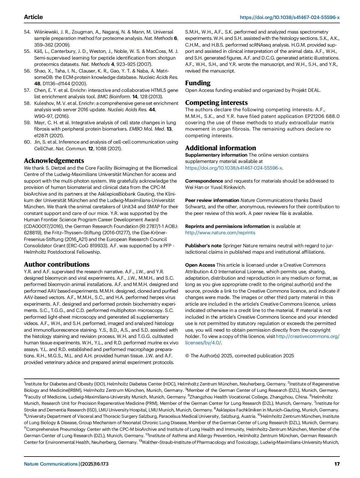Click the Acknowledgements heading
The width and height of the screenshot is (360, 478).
click(54, 161)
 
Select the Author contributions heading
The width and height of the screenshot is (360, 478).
click(57, 264)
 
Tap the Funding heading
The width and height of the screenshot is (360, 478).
click(198, 83)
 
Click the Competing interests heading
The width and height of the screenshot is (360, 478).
click(216, 102)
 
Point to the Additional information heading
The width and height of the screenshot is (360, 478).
click(221, 148)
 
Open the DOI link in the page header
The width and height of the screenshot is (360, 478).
click(290, 18)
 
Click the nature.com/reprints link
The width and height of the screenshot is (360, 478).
click(220, 232)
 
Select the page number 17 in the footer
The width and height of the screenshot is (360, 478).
click(337, 464)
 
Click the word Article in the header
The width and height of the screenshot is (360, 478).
click(33, 17)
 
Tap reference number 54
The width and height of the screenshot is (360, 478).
click(27, 32)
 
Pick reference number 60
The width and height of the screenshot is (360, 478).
click(27, 142)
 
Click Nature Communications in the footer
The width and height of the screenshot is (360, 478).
click(51, 464)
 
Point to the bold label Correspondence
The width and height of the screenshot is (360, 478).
click(204, 181)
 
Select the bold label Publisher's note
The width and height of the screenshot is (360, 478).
click(203, 246)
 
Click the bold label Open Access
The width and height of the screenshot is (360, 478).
click(200, 265)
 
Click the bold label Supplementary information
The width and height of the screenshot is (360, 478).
click(216, 155)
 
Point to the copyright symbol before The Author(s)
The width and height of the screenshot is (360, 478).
click(187, 356)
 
